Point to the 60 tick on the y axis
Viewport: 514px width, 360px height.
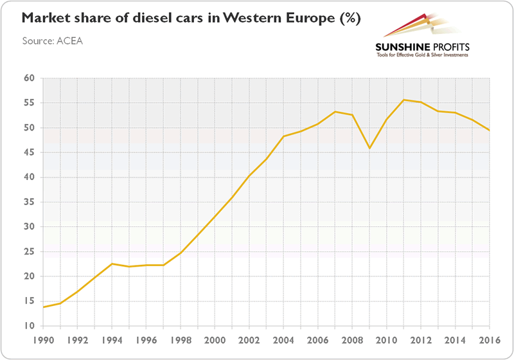click(x=28, y=78)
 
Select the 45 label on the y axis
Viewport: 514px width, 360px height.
click(x=28, y=153)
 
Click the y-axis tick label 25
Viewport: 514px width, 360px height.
click(x=28, y=252)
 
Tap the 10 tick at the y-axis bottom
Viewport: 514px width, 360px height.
click(x=28, y=327)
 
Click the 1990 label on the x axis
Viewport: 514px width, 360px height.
click(x=43, y=341)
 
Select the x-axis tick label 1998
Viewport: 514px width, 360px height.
click(x=181, y=341)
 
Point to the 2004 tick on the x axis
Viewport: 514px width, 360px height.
click(x=284, y=341)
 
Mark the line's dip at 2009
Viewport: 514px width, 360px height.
click(x=370, y=148)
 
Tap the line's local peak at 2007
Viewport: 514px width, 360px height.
click(x=335, y=112)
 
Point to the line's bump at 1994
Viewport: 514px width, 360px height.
click(x=112, y=264)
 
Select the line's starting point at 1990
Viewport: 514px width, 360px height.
click(x=43, y=307)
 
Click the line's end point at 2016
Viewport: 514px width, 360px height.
click(x=490, y=130)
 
